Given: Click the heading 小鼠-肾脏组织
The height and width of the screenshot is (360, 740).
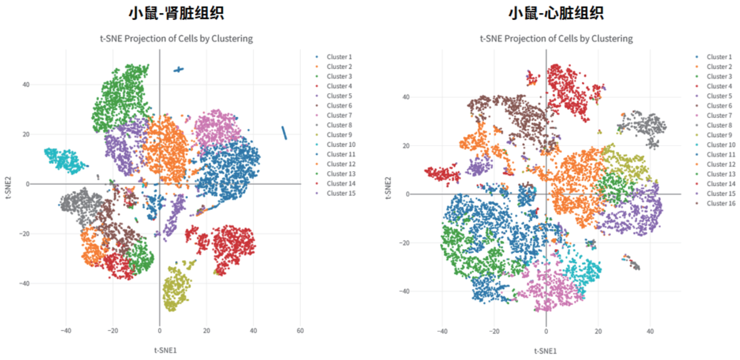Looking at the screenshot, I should tap(176, 13).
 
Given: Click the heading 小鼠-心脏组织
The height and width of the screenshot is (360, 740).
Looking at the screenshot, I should tap(556, 13).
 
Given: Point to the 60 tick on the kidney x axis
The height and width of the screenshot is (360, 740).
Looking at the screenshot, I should tap(301, 331).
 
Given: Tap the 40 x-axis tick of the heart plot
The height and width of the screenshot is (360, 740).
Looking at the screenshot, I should tap(650, 331).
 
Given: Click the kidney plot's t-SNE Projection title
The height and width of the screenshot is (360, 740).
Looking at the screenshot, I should tap(176, 38).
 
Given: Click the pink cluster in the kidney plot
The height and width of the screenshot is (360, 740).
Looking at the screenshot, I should tap(216, 127).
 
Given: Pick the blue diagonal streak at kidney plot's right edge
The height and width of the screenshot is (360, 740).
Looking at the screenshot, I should tap(284, 133).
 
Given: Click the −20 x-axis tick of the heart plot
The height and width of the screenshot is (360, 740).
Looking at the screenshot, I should tap(493, 331).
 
